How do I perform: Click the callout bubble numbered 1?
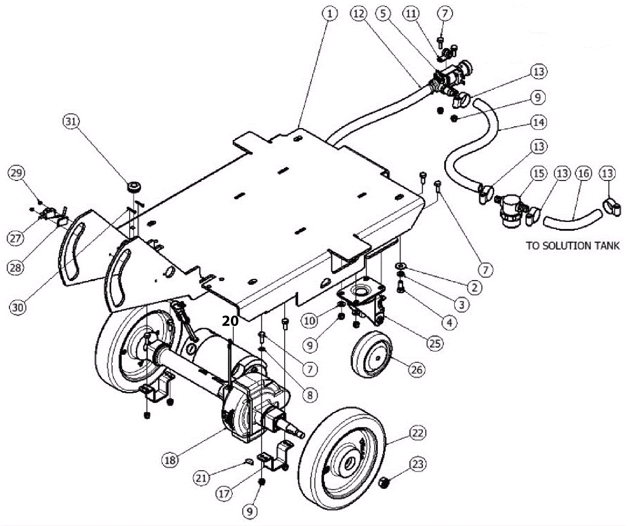point(330,14)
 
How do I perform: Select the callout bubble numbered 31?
point(71,121)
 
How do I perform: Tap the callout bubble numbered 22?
point(417,433)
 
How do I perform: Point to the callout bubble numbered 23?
point(418,464)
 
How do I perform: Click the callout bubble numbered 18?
point(170,460)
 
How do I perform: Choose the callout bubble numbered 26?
point(416,369)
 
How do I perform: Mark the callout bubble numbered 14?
point(539,123)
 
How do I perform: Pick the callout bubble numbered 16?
point(584,173)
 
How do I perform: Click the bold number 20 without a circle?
point(230,321)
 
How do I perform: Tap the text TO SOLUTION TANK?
point(573,246)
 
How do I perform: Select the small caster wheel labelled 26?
point(371,354)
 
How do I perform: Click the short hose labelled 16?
point(573,220)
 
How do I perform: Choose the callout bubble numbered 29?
point(16,173)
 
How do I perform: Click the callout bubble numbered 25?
point(434,343)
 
